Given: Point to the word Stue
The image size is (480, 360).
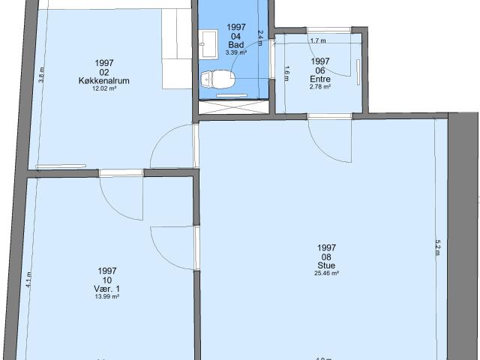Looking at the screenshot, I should click(326, 265).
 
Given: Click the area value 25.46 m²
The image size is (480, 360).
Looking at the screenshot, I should click(326, 274).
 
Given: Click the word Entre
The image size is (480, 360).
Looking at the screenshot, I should click(320, 79).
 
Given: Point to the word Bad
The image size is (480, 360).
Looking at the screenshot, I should click(236, 45).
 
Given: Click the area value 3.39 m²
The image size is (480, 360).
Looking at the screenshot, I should click(236, 52).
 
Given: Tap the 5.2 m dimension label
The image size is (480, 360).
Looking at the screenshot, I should click(437, 248).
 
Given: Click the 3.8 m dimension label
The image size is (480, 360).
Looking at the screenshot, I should click(42, 75).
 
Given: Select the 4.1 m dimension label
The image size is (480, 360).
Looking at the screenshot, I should click(29, 279).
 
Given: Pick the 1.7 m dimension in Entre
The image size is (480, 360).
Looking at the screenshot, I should click(318, 40).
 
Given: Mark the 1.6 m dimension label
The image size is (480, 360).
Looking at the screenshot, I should click(287, 73).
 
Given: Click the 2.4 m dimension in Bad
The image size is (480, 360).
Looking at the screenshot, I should click(260, 37).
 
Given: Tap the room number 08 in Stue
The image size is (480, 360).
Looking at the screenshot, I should click(326, 256).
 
